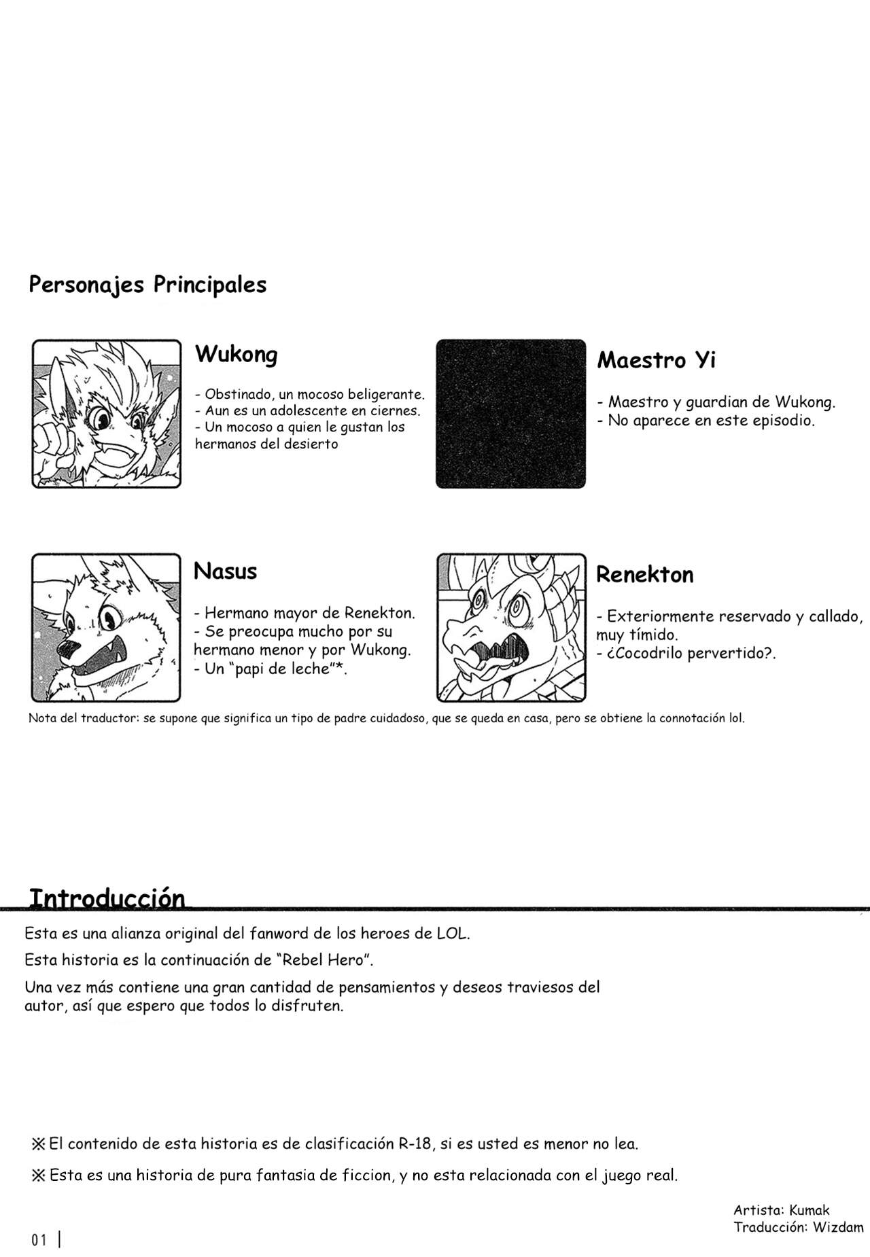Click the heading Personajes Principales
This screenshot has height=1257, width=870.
click(147, 285)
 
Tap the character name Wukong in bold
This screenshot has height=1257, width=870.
click(236, 354)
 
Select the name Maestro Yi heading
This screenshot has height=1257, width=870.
click(656, 360)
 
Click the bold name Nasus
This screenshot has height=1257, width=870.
click(225, 571)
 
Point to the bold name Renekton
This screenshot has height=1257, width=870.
click(644, 575)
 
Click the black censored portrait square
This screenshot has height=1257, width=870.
click(510, 413)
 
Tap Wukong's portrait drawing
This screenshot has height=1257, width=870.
click(107, 413)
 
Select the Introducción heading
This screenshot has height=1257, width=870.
click(107, 898)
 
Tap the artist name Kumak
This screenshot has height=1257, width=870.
click(810, 1209)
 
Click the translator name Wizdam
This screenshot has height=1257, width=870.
click(838, 1226)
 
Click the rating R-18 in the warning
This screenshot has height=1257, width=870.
click(415, 1144)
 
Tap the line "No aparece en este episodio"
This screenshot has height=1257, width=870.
click(710, 421)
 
